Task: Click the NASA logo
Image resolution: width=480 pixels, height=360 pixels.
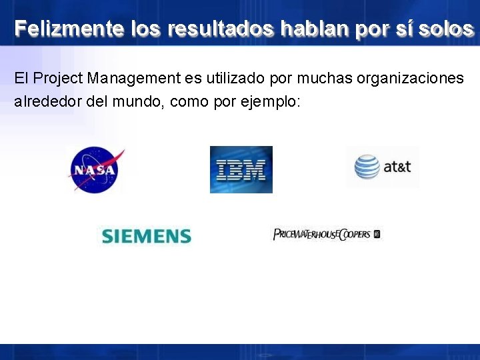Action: pyautogui.click(x=95, y=169)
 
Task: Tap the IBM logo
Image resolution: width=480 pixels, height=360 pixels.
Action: pyautogui.click(x=241, y=169)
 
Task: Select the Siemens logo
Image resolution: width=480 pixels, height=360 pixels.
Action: pyautogui.click(x=146, y=236)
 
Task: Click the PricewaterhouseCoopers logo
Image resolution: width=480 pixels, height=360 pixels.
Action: pyautogui.click(x=322, y=234)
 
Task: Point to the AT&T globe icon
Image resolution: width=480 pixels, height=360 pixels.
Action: pyautogui.click(x=367, y=167)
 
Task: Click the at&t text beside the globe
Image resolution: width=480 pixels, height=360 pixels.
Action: pyautogui.click(x=397, y=167)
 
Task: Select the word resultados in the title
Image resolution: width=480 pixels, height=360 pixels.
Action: pyautogui.click(x=221, y=29)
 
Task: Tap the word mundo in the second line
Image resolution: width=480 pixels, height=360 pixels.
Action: pyautogui.click(x=133, y=102)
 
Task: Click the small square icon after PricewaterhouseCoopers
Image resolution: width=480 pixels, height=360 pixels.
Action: pyautogui.click(x=377, y=234)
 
